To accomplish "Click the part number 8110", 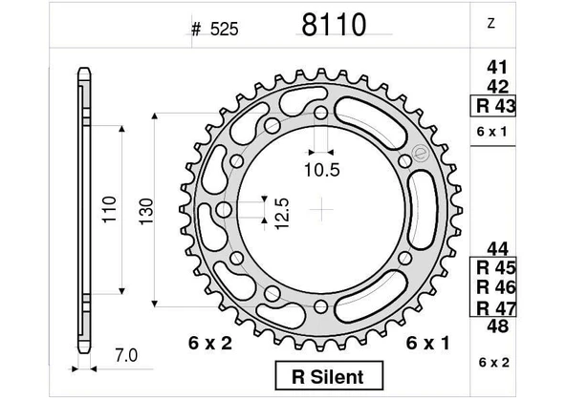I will tap(333, 26).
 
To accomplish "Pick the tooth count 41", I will tap(496, 68).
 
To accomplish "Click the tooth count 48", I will tap(496, 325).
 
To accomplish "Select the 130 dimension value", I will tap(143, 209).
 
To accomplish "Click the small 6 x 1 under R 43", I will tap(490, 131).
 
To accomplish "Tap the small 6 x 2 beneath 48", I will tap(490, 362).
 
